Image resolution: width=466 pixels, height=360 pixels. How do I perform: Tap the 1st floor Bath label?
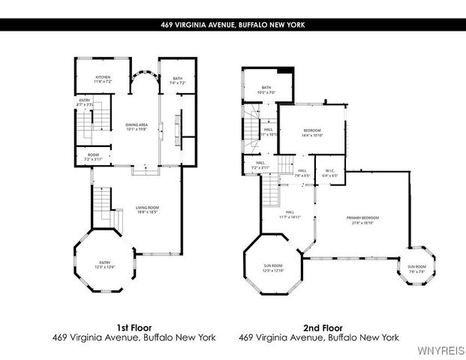coord(177,80)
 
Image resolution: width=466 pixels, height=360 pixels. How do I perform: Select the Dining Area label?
coord(136,127)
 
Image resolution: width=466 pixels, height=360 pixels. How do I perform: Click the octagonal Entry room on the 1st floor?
coord(104,265)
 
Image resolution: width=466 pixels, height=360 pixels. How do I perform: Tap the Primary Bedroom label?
coord(360,220)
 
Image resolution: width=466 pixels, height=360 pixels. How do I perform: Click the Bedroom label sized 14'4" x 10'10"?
coord(311,133)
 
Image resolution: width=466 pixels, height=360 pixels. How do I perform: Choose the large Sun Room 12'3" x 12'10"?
coord(272,268)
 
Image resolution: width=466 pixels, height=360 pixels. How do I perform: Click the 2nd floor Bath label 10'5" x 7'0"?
coord(266,90)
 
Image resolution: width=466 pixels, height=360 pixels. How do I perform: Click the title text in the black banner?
coord(233,25)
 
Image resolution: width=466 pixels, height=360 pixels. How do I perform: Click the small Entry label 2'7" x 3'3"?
coord(86,103)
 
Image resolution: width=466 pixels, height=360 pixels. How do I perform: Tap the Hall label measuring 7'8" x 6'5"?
coord(302,172)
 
